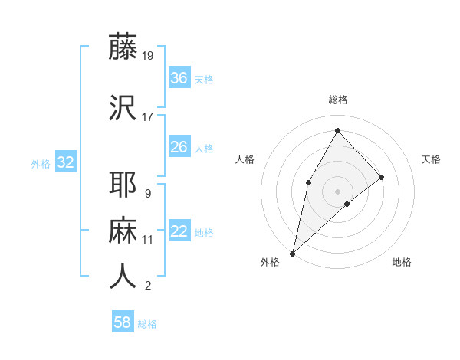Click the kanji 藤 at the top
click(123, 47)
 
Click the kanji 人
click(123, 277)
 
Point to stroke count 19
click(148, 55)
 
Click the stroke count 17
click(148, 116)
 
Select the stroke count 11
click(148, 240)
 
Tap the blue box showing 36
click(179, 78)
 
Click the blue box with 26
click(179, 147)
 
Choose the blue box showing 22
click(179, 231)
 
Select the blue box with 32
click(65, 162)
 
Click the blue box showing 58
click(123, 322)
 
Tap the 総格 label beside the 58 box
click(147, 324)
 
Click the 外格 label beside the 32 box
click(41, 164)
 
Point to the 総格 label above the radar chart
click(337, 100)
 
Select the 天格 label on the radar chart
click(431, 159)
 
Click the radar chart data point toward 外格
click(292, 253)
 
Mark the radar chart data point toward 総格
click(337, 130)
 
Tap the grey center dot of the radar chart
click(337, 190)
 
